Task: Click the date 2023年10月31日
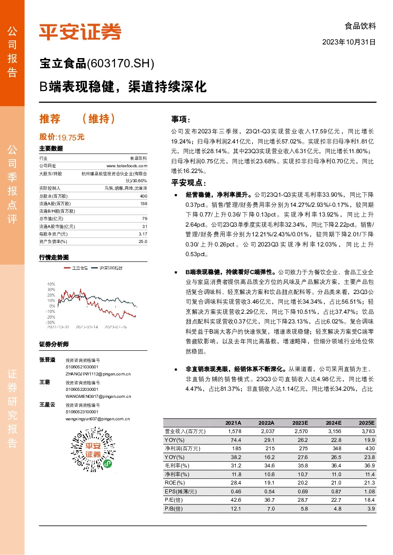[x=349, y=43]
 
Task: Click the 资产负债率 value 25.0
[x=143, y=241]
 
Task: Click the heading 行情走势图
[x=54, y=257]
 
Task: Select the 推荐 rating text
[x=49, y=119]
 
